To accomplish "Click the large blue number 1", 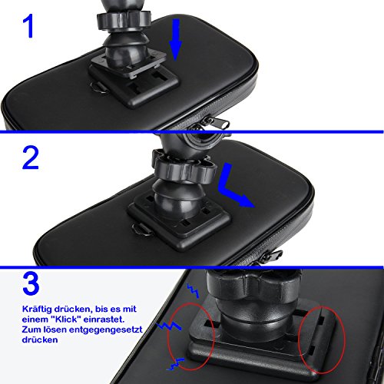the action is pos(28,25).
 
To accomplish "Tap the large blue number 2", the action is pos(31,157).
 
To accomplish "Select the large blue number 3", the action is pos(31,283).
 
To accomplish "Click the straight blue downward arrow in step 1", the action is pos(175,40).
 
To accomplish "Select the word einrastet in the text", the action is pos(104,319).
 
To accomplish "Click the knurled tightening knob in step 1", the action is pos(124,21).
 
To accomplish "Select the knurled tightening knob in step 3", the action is pos(253,284).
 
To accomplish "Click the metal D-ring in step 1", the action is pos(99,88).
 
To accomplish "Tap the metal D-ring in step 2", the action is pos(142,230).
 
